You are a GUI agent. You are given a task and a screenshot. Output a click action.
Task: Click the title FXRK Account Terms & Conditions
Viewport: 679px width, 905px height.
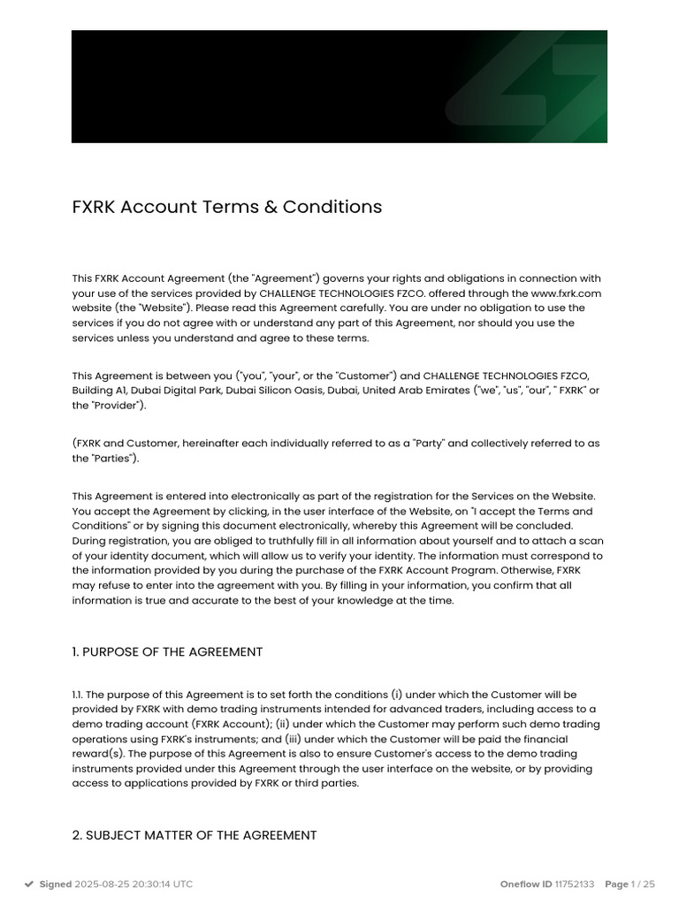(x=227, y=207)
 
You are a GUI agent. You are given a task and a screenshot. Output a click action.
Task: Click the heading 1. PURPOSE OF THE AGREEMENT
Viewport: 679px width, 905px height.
(x=167, y=652)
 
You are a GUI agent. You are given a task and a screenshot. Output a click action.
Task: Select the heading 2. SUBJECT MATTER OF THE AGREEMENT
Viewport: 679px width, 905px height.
(x=195, y=835)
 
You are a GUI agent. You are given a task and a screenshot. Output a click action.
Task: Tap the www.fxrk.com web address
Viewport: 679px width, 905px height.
(x=566, y=293)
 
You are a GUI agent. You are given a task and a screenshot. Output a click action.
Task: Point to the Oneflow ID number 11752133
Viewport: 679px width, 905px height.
(x=575, y=884)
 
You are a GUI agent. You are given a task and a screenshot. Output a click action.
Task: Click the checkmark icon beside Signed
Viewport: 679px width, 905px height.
(x=29, y=884)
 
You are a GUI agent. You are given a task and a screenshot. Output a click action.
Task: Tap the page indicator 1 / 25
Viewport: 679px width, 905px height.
(x=644, y=884)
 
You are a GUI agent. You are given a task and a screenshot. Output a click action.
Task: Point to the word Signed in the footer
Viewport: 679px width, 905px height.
(x=56, y=884)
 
